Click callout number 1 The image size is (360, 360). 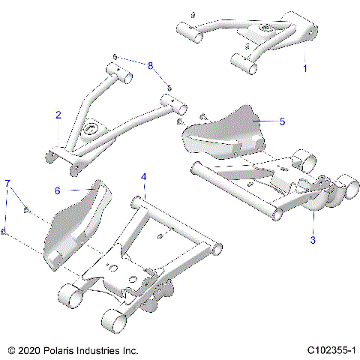coord(304,68)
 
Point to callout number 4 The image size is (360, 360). coord(144,177)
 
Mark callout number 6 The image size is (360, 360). coord(57,190)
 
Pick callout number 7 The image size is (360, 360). coord(7,183)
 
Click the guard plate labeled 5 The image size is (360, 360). coord(225,131)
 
